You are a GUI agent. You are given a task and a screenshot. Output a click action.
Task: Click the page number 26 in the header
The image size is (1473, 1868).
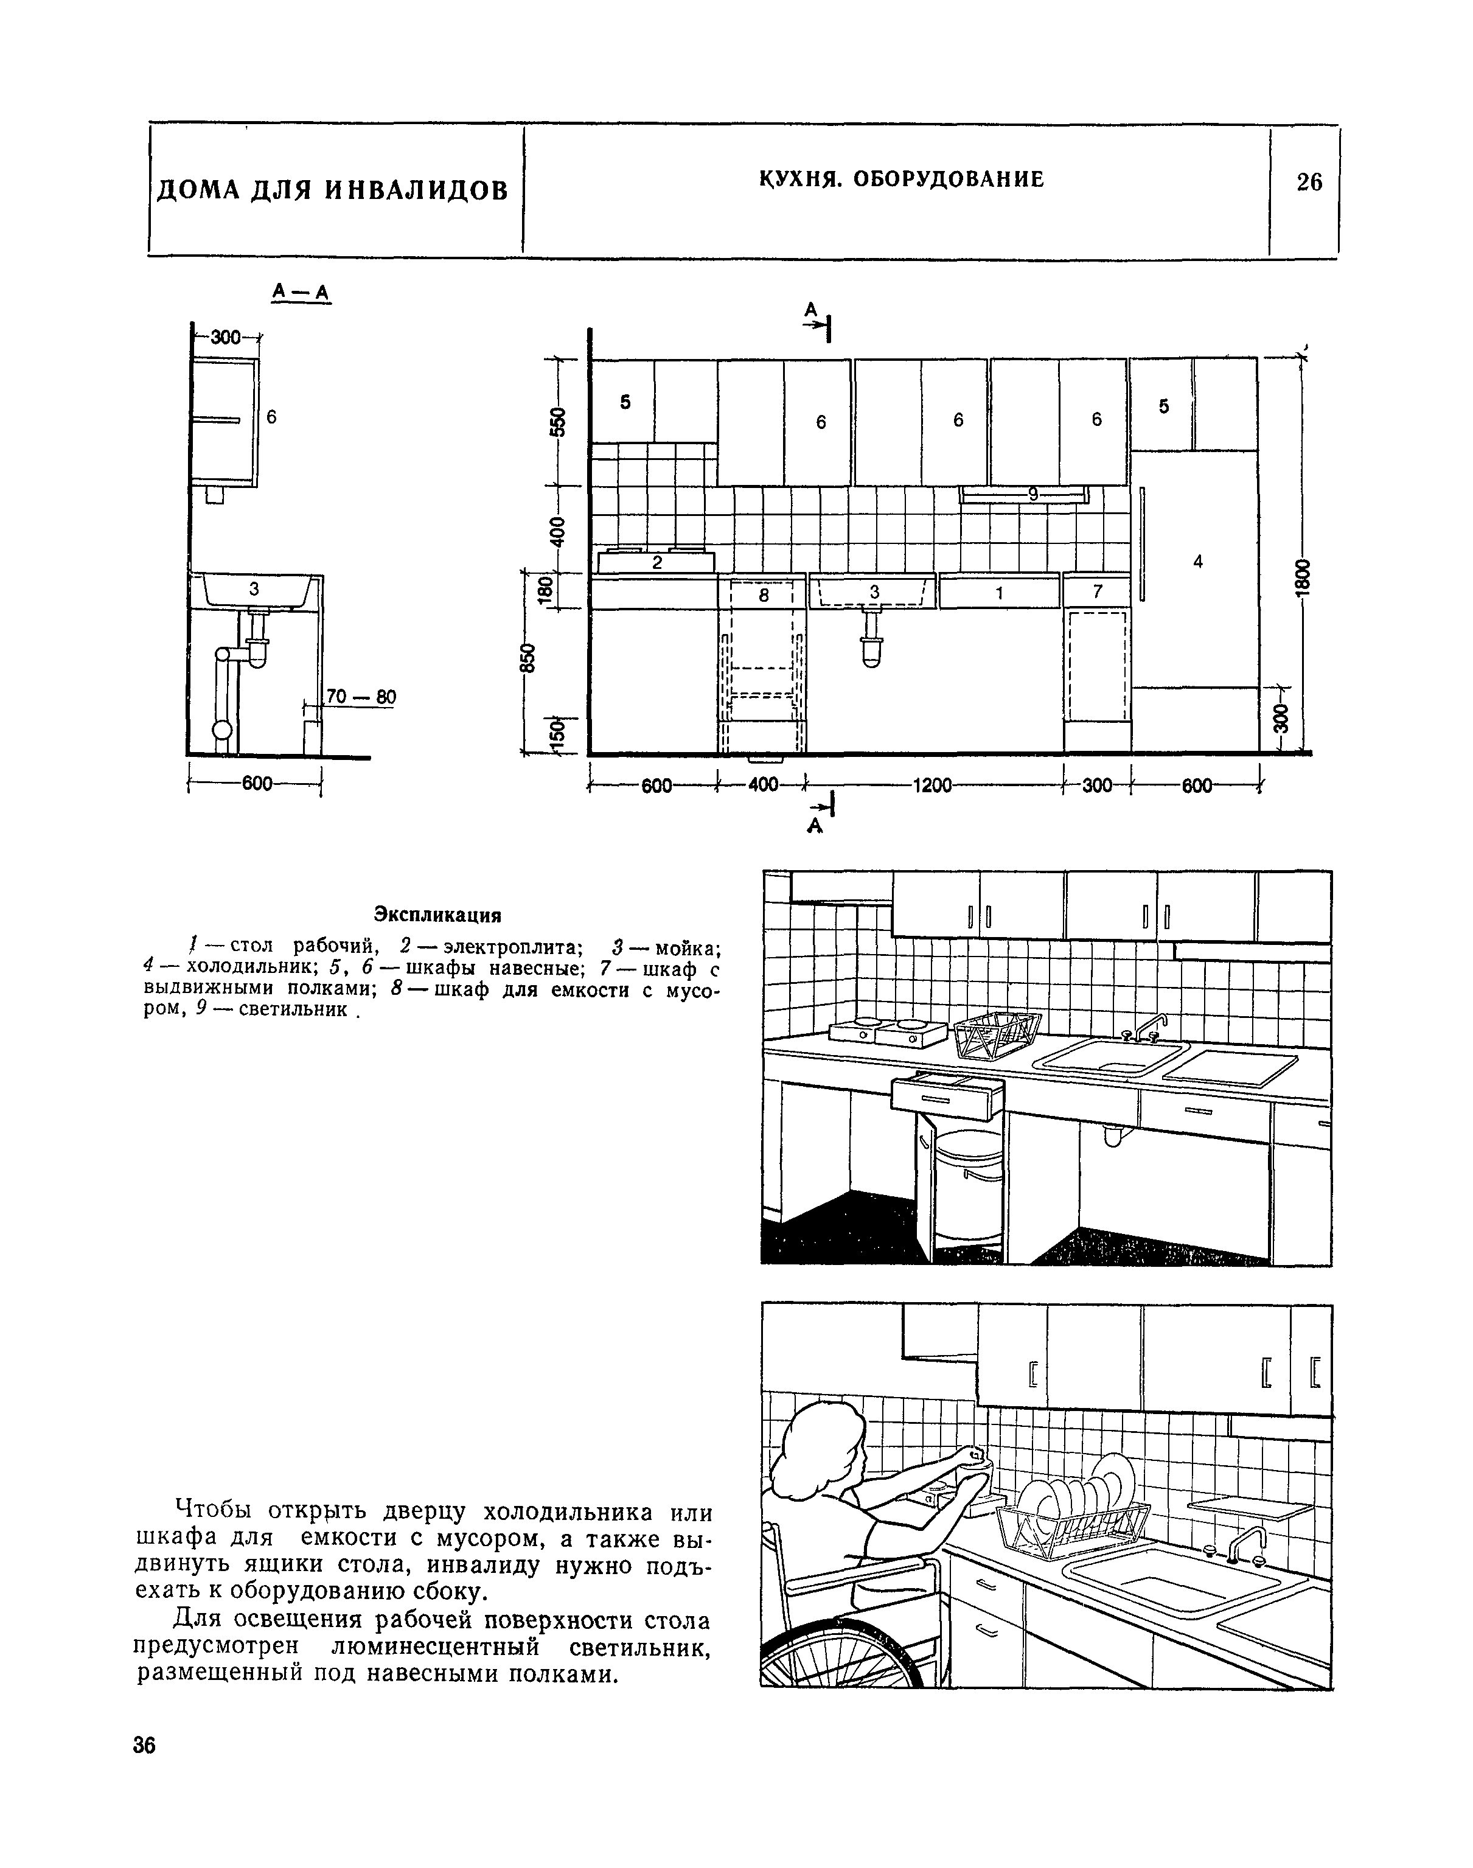click(1308, 182)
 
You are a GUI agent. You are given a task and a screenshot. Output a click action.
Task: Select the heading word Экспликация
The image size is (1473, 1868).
click(437, 913)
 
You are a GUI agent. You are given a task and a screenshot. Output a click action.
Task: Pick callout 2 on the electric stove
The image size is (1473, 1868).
click(656, 562)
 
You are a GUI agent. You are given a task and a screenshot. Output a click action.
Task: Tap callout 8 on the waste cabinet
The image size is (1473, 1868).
click(763, 594)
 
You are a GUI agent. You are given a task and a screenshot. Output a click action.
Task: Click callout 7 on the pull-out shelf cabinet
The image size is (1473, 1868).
click(1097, 591)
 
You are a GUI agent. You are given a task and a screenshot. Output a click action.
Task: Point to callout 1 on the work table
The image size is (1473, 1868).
click(1000, 593)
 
